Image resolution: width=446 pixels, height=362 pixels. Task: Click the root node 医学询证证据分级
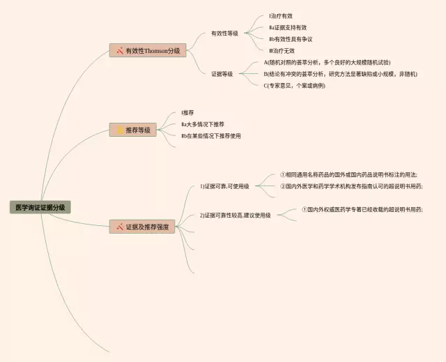(40, 207)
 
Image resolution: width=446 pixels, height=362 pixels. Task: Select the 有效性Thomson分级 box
(148, 51)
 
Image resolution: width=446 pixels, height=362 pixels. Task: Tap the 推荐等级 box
(132, 130)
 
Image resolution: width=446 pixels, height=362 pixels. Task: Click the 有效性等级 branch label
(224, 33)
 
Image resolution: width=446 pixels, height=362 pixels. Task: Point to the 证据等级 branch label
(222, 73)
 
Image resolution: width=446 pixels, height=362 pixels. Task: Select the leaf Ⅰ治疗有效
(281, 15)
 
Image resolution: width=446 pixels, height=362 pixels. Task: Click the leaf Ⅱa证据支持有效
(287, 27)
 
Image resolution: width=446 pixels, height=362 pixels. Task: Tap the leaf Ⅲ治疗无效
(282, 51)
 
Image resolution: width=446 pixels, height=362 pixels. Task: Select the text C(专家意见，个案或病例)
(294, 86)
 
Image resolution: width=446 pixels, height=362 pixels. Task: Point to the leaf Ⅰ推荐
(187, 112)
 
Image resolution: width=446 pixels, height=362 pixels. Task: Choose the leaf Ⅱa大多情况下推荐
(202, 124)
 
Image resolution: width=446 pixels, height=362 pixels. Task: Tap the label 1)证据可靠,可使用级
(224, 186)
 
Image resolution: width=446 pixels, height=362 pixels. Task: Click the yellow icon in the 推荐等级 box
(120, 130)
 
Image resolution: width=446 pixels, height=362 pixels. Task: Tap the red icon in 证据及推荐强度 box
(120, 227)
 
